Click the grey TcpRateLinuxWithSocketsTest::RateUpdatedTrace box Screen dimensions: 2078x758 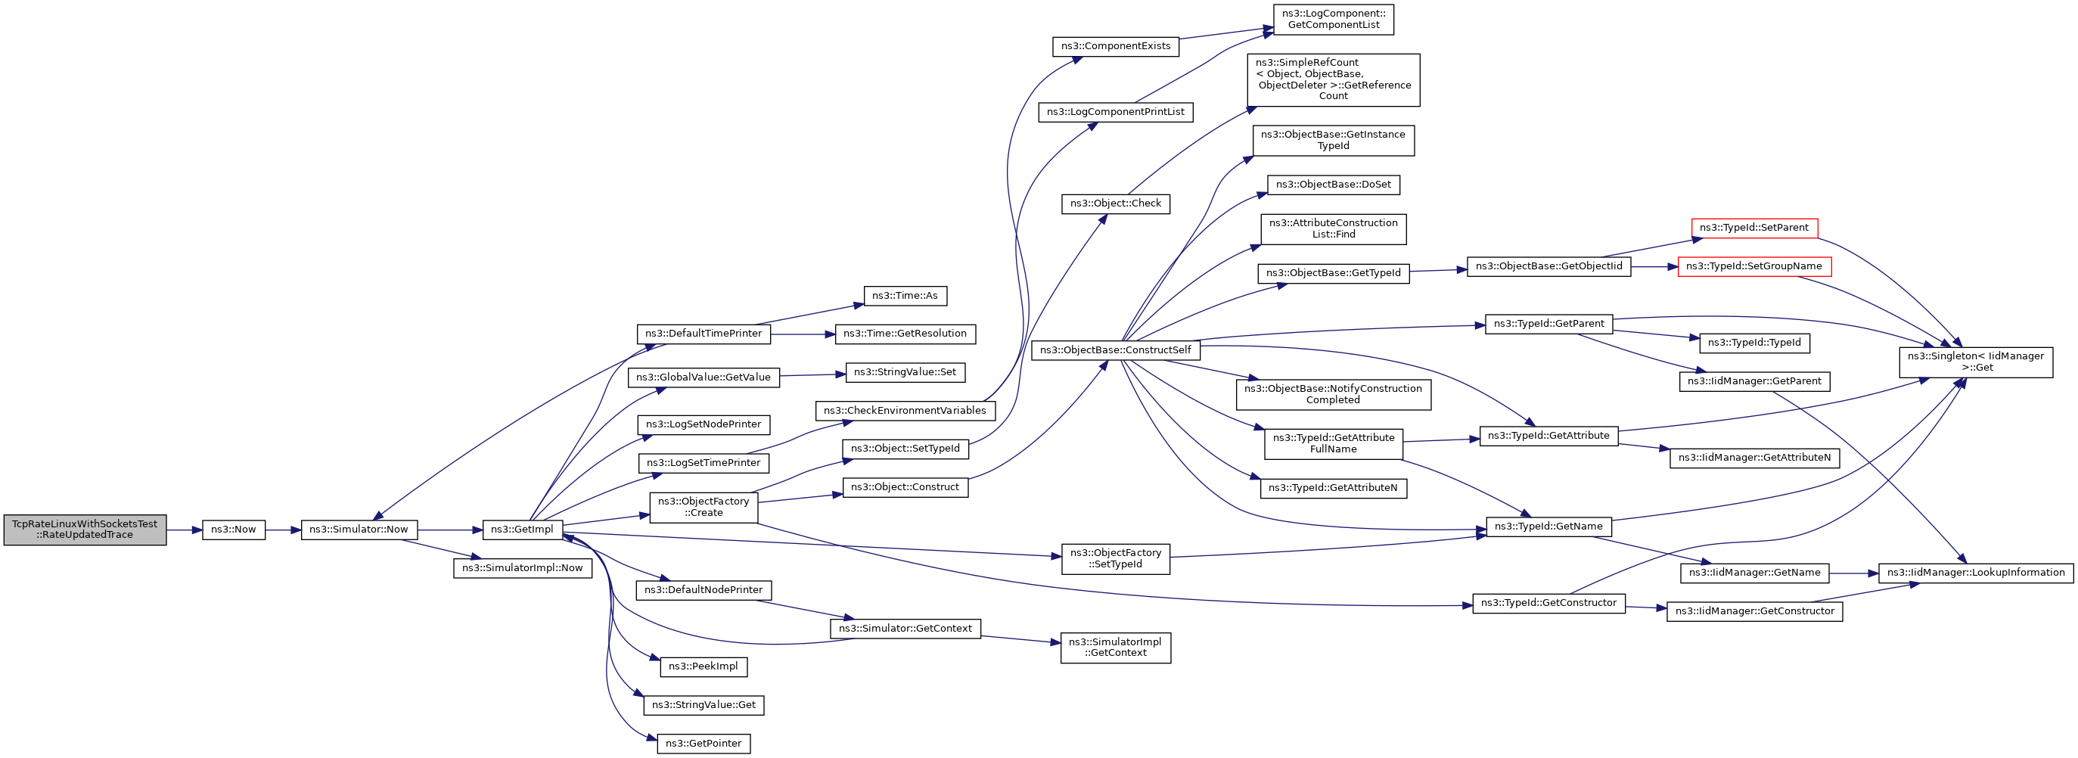(85, 530)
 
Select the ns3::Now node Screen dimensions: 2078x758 (233, 530)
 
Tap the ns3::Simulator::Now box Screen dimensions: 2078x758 (359, 530)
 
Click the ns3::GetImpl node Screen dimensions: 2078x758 (522, 530)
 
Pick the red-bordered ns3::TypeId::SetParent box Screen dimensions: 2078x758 (1753, 228)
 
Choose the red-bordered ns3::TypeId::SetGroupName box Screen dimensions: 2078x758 (1753, 266)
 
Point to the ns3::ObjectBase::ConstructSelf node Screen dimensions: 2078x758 (1116, 351)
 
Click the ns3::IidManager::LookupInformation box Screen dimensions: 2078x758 (1976, 573)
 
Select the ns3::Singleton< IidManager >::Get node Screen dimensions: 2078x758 (1976, 362)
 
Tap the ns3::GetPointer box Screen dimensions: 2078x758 (704, 744)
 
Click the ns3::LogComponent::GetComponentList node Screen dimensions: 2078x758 (1334, 20)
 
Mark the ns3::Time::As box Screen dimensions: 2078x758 (905, 296)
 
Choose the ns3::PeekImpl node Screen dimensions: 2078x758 (704, 667)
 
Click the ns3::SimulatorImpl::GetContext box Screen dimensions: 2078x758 (1116, 648)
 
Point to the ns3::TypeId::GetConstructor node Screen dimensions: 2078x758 (1548, 603)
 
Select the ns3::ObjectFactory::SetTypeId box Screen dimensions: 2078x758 (1116, 559)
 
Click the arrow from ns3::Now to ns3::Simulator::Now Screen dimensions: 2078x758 (283, 530)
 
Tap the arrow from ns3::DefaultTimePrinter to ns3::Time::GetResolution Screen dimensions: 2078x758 (803, 334)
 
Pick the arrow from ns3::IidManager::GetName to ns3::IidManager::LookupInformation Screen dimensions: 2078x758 (1855, 573)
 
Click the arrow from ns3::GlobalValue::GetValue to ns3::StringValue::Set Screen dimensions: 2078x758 (812, 375)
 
